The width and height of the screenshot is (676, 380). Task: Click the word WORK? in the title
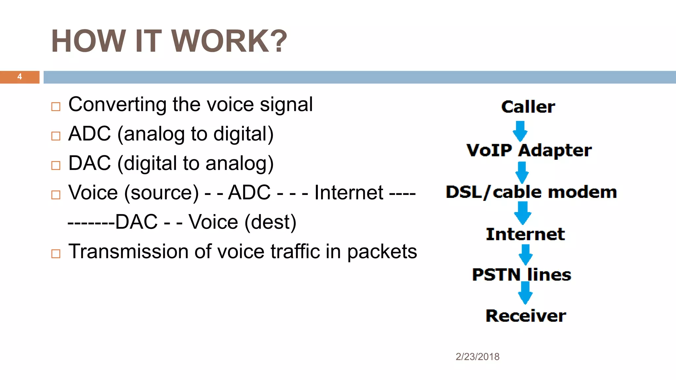(229, 41)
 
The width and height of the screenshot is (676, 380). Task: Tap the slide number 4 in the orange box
(20, 77)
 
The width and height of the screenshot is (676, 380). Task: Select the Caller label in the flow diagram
(528, 107)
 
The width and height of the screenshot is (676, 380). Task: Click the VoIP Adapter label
(529, 150)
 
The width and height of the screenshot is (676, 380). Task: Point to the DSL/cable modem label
(531, 192)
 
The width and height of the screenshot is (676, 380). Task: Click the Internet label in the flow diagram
(525, 234)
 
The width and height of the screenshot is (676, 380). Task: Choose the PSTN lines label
(522, 275)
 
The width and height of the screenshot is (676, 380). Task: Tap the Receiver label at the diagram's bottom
(526, 316)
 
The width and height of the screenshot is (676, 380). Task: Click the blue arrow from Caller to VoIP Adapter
(520, 131)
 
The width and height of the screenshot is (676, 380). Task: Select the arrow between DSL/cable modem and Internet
(523, 213)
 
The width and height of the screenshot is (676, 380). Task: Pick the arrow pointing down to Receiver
(525, 293)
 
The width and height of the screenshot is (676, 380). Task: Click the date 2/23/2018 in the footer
(477, 357)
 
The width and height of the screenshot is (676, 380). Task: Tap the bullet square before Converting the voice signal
(56, 107)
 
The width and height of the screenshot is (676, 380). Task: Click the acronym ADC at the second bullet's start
(89, 134)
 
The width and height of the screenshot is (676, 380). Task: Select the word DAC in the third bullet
(89, 163)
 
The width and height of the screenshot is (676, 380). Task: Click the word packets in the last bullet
(382, 252)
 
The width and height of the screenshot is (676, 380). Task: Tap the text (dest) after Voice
(270, 222)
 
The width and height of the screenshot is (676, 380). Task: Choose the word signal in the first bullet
(286, 105)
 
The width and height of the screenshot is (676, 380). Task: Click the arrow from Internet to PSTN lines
(525, 254)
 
